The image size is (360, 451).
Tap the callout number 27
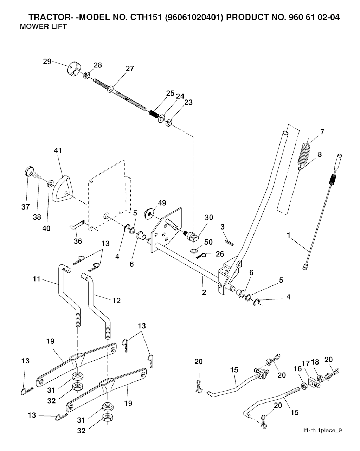point(130,69)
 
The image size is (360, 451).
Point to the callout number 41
point(58,150)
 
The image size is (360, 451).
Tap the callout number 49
point(162,203)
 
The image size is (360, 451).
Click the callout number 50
point(208,242)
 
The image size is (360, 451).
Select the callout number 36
point(78,241)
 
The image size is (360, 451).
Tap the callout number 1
point(289,235)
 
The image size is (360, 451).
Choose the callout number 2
point(204,292)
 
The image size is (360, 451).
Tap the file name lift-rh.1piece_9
point(322,430)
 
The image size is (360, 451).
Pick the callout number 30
point(209,218)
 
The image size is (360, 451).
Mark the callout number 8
point(319,154)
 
